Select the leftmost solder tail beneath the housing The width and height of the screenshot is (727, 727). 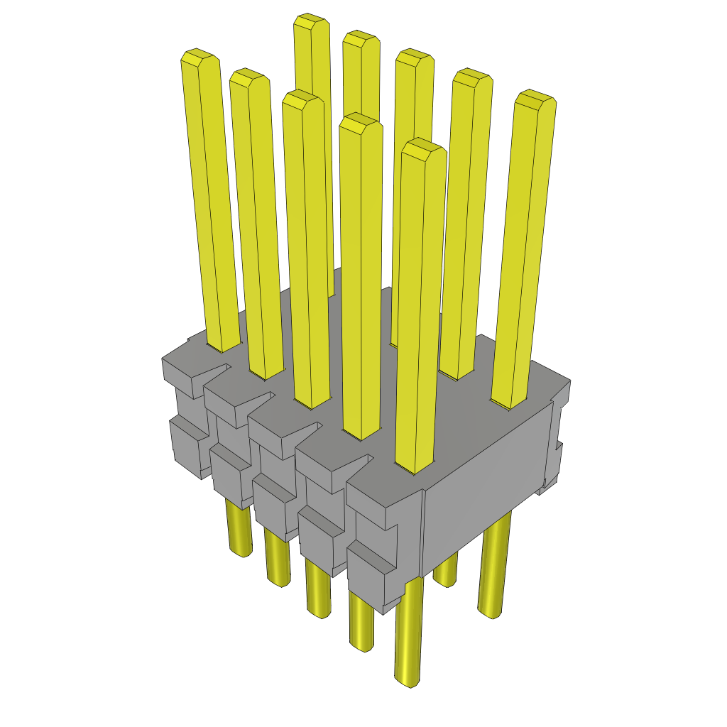pos(239,532)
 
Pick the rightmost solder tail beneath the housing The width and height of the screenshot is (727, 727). pos(493,568)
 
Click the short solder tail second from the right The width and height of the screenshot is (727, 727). pos(445,572)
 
